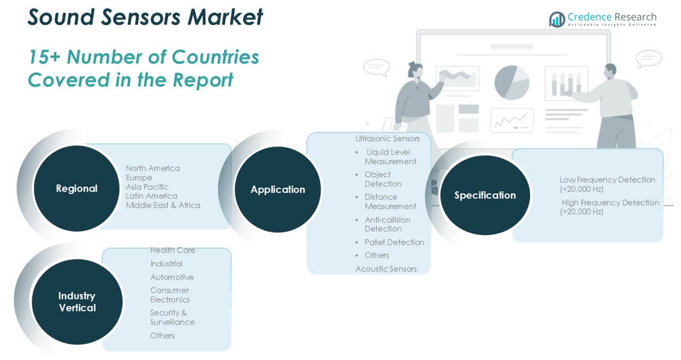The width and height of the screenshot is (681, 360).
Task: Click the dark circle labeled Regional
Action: (76, 188)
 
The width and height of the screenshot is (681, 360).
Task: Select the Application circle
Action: (278, 189)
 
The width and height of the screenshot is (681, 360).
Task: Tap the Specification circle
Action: (485, 196)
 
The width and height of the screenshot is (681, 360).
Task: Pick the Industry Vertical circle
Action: (77, 302)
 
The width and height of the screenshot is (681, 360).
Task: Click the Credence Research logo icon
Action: (557, 19)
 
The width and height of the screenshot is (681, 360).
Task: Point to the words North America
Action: (153, 168)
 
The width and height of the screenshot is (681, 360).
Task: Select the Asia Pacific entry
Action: (147, 187)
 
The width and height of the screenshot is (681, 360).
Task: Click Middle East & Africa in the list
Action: (163, 205)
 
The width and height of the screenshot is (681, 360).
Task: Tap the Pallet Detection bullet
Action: (394, 242)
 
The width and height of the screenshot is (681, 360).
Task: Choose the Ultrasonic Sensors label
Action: (388, 139)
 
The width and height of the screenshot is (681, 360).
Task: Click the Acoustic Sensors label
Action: (386, 269)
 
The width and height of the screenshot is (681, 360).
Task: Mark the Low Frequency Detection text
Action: (607, 180)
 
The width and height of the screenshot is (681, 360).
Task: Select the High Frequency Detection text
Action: (610, 203)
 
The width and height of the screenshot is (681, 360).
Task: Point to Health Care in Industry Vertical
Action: (173, 250)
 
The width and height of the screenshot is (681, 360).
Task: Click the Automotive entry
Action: (172, 277)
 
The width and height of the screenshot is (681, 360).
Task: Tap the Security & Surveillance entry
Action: (172, 317)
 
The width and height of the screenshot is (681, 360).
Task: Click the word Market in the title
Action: (225, 17)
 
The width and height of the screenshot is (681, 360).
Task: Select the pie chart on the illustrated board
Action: (511, 83)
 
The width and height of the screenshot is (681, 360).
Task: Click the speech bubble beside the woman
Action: (377, 67)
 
